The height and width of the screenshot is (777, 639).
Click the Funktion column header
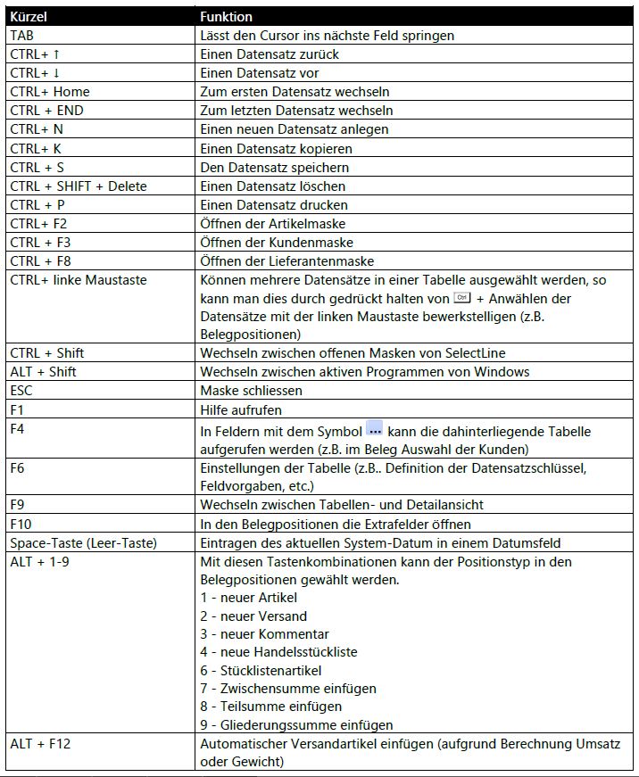pyautogui.click(x=226, y=17)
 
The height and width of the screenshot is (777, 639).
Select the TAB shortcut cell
pyautogui.click(x=22, y=36)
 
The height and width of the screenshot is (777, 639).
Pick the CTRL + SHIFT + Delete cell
pyautogui.click(x=78, y=186)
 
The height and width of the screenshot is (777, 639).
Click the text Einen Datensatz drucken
pyautogui.click(x=273, y=205)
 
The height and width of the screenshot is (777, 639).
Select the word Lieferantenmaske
pyautogui.click(x=323, y=261)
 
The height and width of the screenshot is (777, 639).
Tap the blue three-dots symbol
pyautogui.click(x=375, y=429)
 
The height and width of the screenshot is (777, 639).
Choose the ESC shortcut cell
pyautogui.click(x=21, y=391)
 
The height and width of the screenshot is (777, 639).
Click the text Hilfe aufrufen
pyautogui.click(x=240, y=410)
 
